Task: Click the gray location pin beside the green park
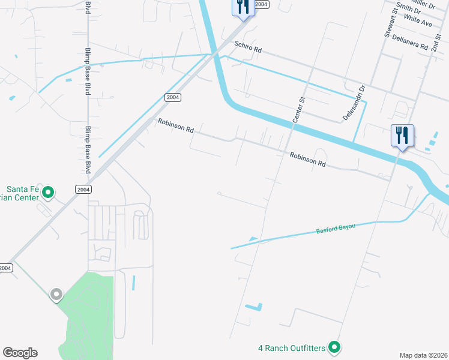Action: [x=56, y=295]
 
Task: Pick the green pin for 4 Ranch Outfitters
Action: [x=335, y=347]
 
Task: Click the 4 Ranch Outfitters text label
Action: [x=292, y=348]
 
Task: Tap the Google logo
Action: [x=20, y=353]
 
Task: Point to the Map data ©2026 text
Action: [x=423, y=355]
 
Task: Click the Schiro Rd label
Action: [x=249, y=49]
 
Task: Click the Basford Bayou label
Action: [x=336, y=229]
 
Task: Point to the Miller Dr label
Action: [x=423, y=3]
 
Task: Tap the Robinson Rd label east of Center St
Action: [x=307, y=159]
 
